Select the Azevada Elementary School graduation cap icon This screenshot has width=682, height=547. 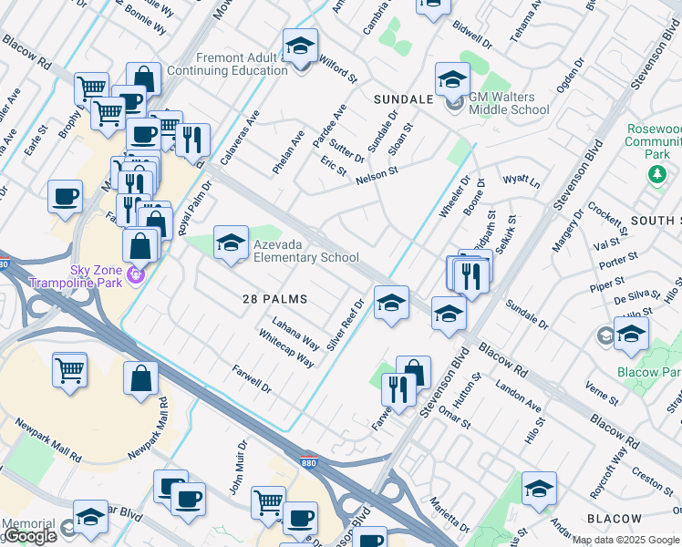click(x=231, y=243)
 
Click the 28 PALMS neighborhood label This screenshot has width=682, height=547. click(x=274, y=299)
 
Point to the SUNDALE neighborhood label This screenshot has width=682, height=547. click(x=404, y=98)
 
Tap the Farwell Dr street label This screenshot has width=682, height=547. click(x=253, y=379)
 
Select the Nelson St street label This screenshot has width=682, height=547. click(x=377, y=174)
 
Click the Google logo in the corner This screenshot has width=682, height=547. click(x=31, y=536)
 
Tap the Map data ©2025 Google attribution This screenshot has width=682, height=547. click(x=625, y=540)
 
